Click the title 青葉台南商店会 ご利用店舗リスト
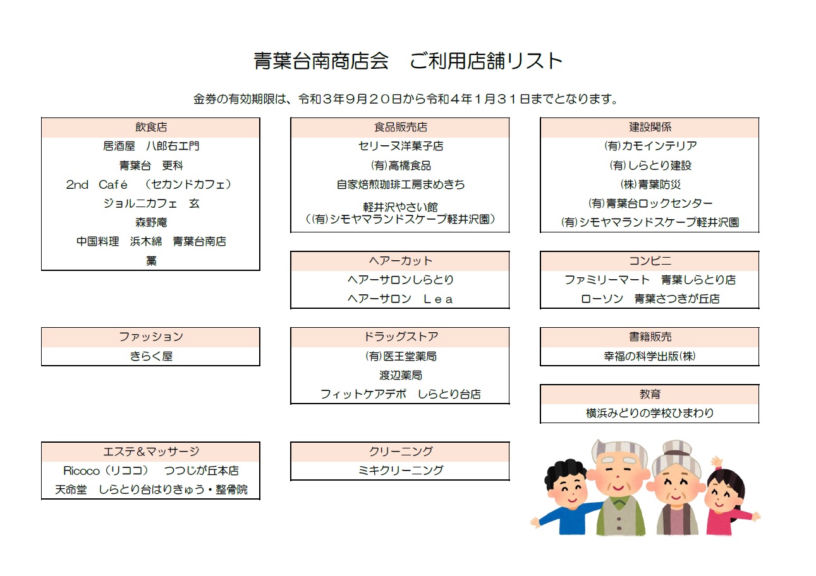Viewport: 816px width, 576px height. tap(408, 61)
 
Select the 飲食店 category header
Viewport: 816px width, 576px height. tap(151, 127)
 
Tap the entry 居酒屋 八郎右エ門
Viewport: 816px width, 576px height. tap(151, 146)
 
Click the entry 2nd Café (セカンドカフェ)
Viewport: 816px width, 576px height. tap(149, 184)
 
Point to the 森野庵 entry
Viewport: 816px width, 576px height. tap(151, 222)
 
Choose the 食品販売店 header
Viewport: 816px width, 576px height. tap(400, 127)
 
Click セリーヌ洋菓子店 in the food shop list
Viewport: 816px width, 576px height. tap(400, 146)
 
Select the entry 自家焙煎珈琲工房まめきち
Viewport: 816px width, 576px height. tap(400, 184)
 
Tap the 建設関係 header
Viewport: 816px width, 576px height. tap(650, 127)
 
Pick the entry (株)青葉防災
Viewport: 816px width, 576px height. tap(650, 184)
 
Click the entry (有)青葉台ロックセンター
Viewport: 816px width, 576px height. tap(650, 203)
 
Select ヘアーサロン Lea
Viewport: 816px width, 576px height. tap(400, 299)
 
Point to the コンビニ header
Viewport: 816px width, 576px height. tap(650, 261)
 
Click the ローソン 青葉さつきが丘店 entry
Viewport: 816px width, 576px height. tap(650, 299)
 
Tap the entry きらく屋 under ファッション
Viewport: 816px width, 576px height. tap(151, 356)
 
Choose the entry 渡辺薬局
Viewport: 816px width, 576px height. tap(400, 375)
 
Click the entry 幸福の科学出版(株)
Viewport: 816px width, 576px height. tap(650, 356)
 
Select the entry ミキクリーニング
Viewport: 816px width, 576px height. tap(400, 470)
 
